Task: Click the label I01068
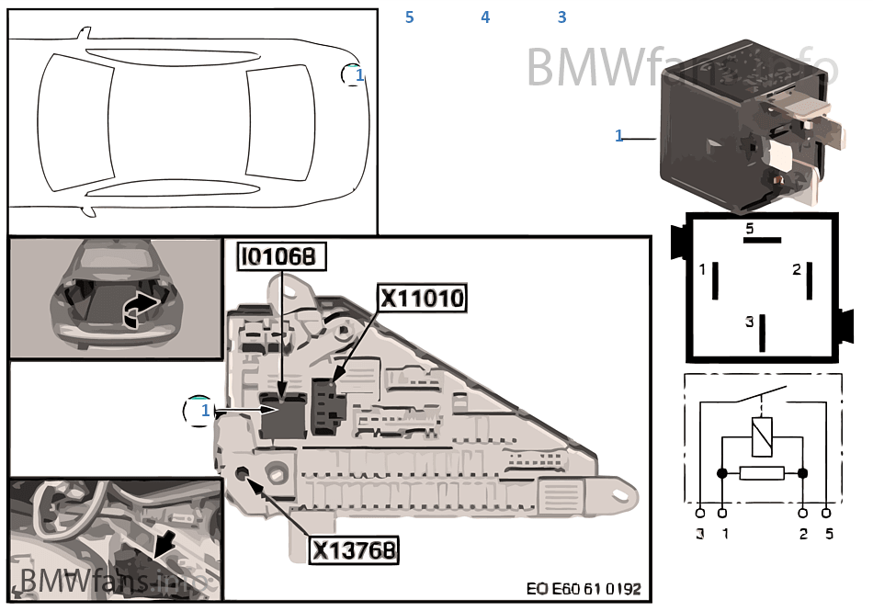283,258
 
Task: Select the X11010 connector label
423,299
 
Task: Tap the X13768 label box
354,550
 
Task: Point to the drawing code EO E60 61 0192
584,589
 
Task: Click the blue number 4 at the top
485,17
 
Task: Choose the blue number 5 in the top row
409,17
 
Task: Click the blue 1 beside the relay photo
619,136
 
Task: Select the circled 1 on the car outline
355,74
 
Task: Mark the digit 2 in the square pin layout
797,270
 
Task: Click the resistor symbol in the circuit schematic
762,473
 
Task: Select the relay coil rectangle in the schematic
762,436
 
